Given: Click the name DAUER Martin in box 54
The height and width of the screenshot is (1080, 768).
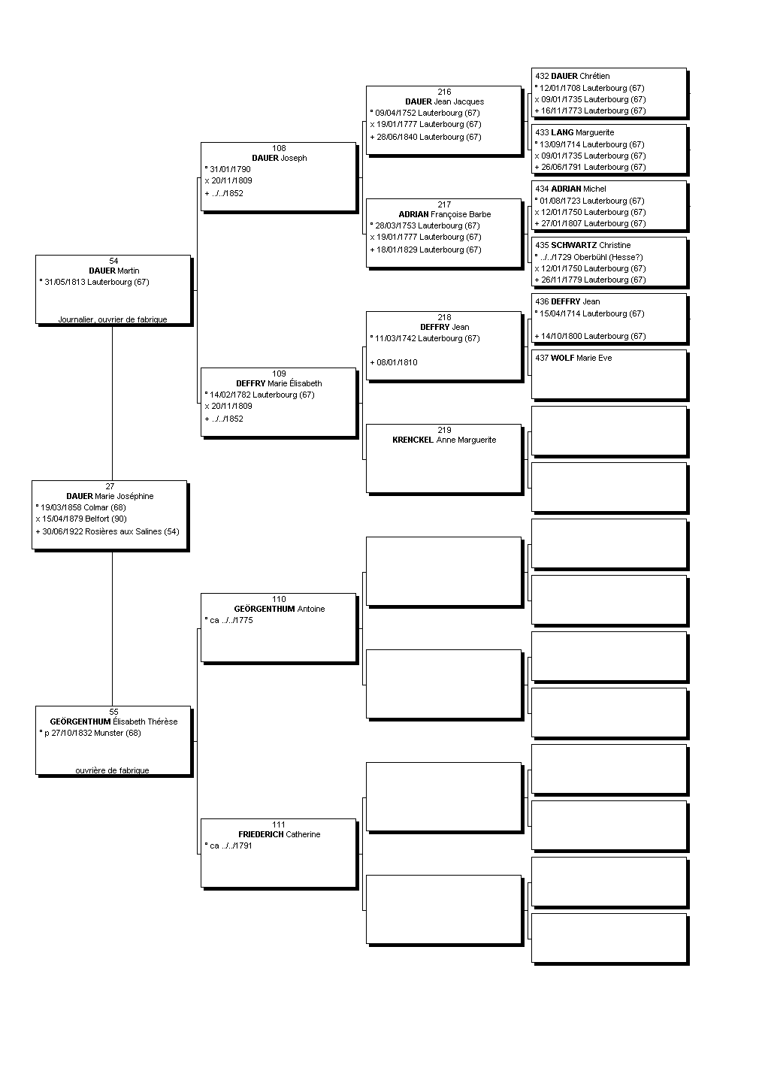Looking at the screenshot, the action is [x=113, y=271].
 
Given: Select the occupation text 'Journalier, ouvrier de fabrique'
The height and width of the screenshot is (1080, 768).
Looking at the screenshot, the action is [x=113, y=319].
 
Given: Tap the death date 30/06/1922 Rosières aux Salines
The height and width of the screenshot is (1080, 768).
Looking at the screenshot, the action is [x=107, y=531].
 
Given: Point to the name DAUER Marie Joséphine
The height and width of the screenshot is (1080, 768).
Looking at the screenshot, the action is [x=110, y=496].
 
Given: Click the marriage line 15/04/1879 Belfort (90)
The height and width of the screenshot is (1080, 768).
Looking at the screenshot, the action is [x=81, y=519].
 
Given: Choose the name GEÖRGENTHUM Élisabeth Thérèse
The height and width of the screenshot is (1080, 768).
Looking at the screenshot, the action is [x=113, y=722].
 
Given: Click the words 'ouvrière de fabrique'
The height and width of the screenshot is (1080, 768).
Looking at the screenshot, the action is [x=112, y=770].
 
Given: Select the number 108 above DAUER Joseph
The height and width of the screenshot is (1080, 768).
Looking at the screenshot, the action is [x=279, y=148].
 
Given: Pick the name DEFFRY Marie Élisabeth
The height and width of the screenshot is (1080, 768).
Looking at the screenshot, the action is [x=279, y=383].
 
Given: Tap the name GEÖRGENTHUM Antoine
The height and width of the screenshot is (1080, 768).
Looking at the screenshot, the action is [x=280, y=609].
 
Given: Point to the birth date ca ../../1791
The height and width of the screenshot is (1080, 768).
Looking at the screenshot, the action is [x=228, y=846].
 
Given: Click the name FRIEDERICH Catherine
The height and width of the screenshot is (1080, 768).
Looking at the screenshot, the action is [x=279, y=834].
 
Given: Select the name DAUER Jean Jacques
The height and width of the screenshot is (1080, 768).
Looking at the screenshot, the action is [x=445, y=101].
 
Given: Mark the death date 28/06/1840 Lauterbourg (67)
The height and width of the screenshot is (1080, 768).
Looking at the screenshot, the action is [x=425, y=137].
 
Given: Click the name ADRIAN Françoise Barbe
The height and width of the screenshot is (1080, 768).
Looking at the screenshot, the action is [x=445, y=214].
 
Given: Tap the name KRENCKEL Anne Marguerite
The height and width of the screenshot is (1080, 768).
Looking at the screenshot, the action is [x=444, y=440].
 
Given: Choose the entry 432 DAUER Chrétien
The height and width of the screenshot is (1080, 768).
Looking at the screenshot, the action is [x=573, y=76].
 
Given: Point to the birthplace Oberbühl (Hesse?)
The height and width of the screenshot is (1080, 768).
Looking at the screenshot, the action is [x=608, y=257].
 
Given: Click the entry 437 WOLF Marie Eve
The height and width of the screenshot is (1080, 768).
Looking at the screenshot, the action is [x=573, y=358].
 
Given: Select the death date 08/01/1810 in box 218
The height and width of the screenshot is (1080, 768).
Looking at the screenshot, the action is [x=394, y=362].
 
